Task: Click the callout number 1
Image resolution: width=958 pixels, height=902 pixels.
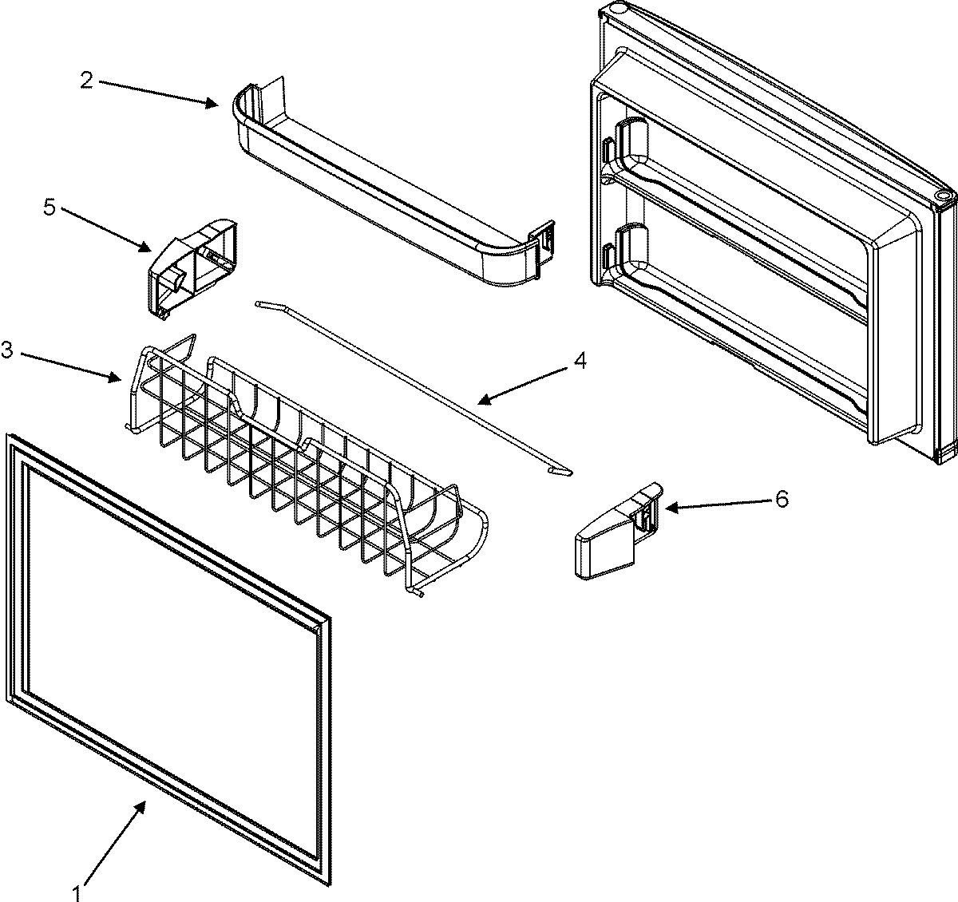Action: pyautogui.click(x=77, y=893)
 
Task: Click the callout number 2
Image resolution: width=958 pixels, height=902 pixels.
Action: pyautogui.click(x=86, y=79)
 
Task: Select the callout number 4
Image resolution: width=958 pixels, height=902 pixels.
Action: pyautogui.click(x=580, y=362)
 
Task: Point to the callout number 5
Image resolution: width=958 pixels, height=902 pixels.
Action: pyautogui.click(x=49, y=208)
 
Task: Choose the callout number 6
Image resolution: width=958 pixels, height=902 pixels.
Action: pyautogui.click(x=781, y=499)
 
